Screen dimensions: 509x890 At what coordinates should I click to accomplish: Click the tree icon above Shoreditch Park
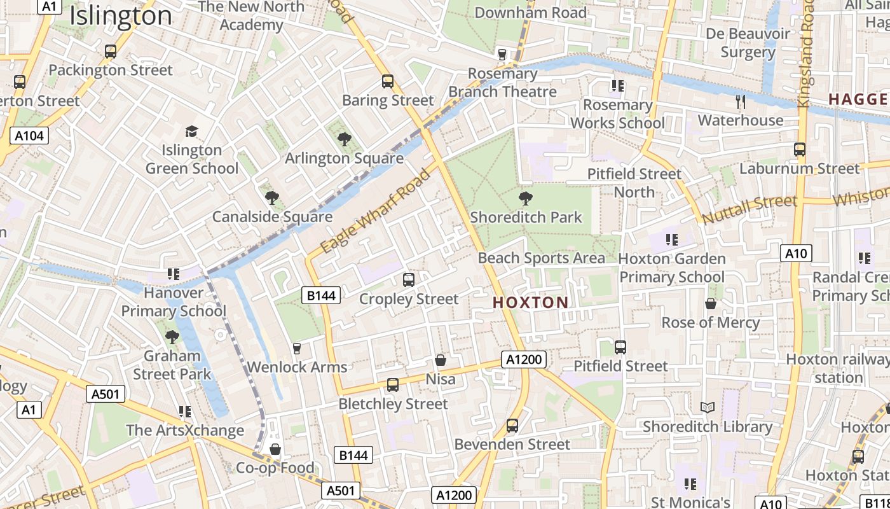click(x=525, y=198)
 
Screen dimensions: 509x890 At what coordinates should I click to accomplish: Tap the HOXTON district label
click(x=531, y=303)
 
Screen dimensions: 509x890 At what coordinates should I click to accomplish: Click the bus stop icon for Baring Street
click(x=388, y=81)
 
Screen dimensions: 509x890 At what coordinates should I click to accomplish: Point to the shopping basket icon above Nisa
click(x=440, y=361)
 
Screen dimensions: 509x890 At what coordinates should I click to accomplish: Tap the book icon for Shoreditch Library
click(x=707, y=407)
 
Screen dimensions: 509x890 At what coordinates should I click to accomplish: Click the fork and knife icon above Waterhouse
click(x=740, y=101)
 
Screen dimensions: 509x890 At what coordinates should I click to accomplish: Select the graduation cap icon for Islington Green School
click(x=191, y=131)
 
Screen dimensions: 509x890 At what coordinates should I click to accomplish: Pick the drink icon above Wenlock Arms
click(x=296, y=348)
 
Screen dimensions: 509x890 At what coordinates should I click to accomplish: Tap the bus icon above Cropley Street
click(x=409, y=280)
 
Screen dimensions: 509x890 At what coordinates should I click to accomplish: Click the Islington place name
click(x=121, y=15)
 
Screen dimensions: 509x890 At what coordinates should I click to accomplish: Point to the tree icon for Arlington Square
click(x=344, y=139)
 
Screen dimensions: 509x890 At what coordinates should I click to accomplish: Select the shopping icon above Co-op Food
click(x=275, y=449)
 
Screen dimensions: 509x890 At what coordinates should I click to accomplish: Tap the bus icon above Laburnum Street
click(x=800, y=150)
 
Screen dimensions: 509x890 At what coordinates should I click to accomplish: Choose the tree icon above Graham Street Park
click(x=172, y=337)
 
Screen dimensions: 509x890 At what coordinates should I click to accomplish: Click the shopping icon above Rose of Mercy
click(x=711, y=303)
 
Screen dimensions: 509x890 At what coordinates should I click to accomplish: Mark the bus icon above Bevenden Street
click(x=512, y=426)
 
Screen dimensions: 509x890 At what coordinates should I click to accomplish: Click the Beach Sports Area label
click(x=541, y=258)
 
